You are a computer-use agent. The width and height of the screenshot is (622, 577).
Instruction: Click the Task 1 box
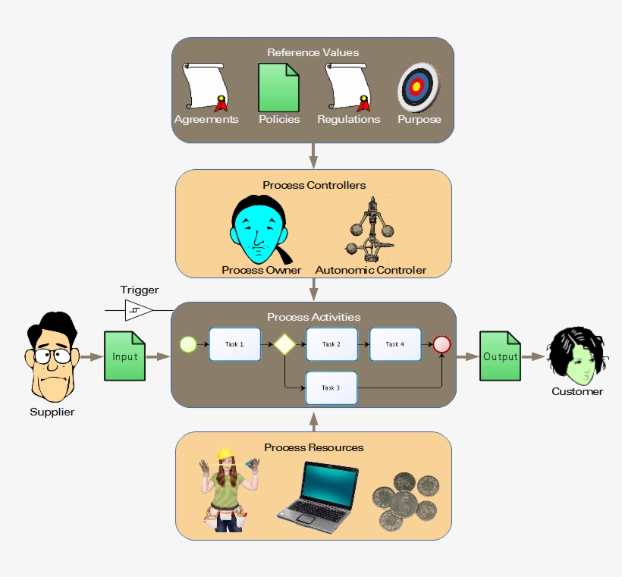point(234,344)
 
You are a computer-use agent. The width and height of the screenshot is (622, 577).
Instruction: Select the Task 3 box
point(331,388)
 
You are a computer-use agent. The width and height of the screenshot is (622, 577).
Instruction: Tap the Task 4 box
point(394,344)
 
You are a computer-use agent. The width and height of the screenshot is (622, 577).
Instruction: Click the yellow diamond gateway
point(284,344)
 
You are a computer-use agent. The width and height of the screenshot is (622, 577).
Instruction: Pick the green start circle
point(187,345)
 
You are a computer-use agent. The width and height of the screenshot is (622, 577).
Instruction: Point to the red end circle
point(441,345)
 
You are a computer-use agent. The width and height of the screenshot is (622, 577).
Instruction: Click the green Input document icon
point(124,356)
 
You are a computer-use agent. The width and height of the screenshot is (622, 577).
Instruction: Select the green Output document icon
point(500,356)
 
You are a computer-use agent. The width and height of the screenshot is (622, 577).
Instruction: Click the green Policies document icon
point(279,88)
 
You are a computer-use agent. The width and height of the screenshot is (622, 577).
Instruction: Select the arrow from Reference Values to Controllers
point(313,155)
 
